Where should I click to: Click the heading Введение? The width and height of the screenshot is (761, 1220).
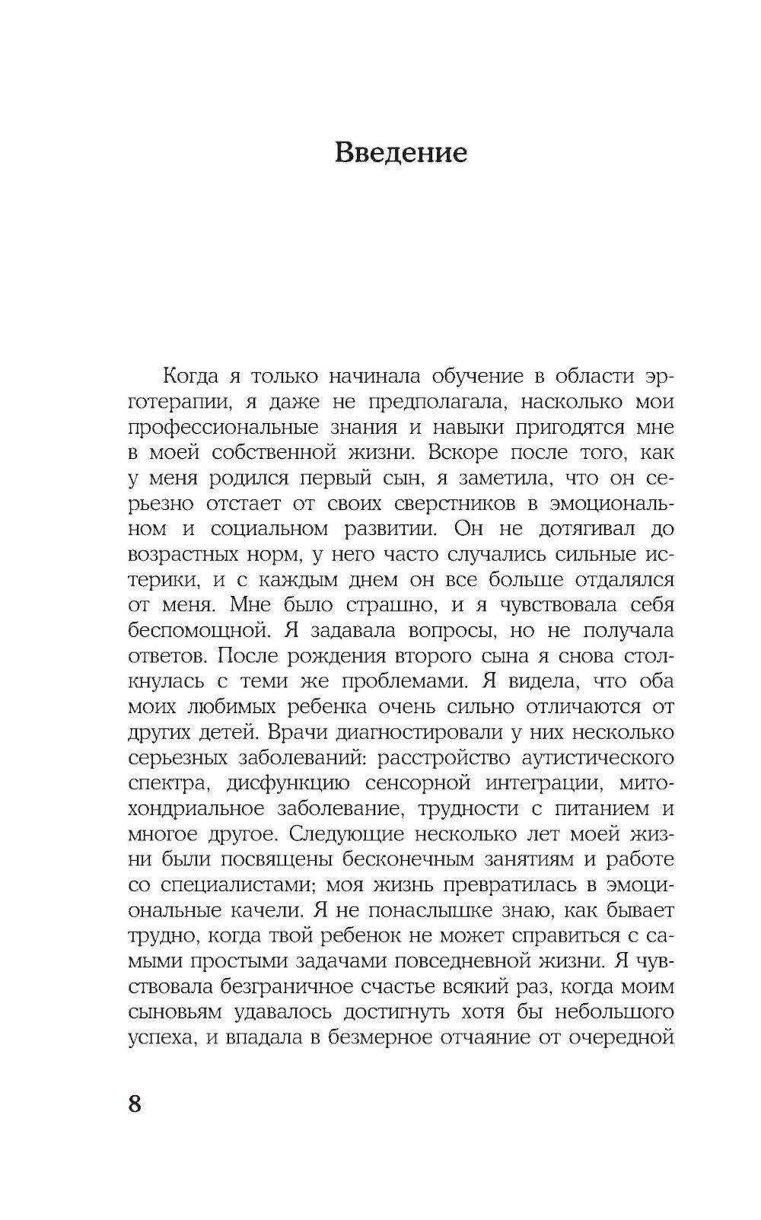coord(401,152)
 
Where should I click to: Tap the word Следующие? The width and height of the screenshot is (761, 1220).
coord(349,835)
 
